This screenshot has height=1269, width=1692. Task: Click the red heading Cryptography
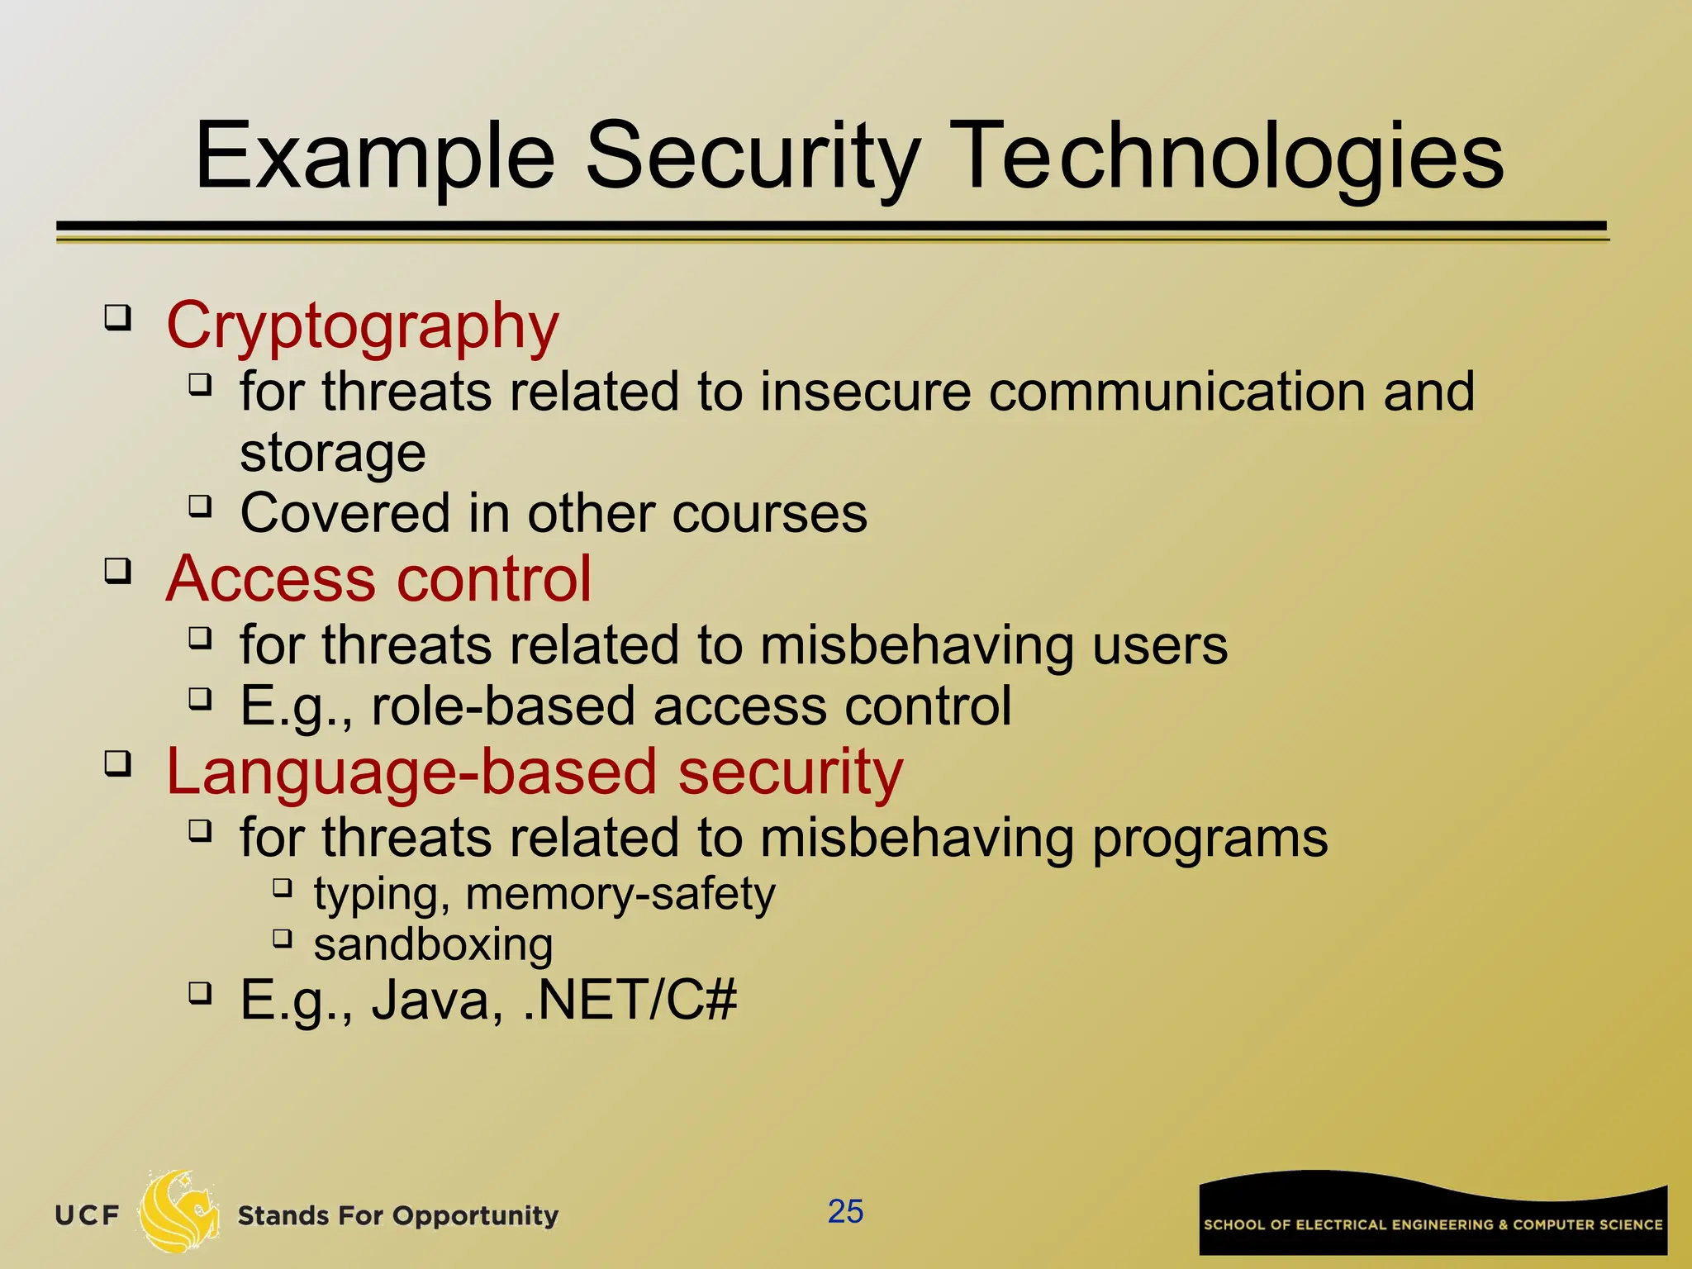click(x=363, y=326)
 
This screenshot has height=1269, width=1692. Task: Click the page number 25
click(x=845, y=1212)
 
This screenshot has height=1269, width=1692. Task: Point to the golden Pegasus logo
click(x=178, y=1212)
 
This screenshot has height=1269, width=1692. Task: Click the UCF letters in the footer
click(x=88, y=1215)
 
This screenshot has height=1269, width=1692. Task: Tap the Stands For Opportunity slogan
click(x=397, y=1215)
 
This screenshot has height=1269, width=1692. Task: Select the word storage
click(x=333, y=453)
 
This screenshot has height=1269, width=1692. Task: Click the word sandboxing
click(x=433, y=944)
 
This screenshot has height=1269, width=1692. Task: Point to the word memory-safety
click(x=620, y=894)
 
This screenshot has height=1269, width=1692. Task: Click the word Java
click(x=436, y=1000)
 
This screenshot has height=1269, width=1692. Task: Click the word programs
click(x=1210, y=838)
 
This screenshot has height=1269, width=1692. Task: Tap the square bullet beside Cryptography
click(x=118, y=318)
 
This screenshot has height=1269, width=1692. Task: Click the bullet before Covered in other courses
click(x=200, y=506)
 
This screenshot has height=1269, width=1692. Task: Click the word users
click(x=1160, y=645)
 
